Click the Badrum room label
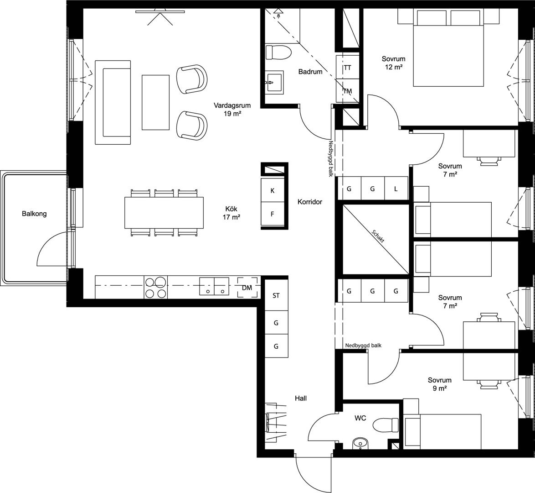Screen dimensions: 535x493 (x=310, y=72)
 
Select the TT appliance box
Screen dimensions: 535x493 (x=347, y=68)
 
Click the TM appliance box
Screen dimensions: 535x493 (x=347, y=91)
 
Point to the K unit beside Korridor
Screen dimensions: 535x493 (x=272, y=190)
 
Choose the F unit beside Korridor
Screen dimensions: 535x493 (x=272, y=214)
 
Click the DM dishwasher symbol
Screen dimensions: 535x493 (x=247, y=288)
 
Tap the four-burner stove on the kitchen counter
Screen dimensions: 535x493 (x=156, y=287)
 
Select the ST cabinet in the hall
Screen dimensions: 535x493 (x=276, y=295)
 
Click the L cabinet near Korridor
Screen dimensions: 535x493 (x=396, y=189)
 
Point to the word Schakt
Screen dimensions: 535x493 (x=378, y=236)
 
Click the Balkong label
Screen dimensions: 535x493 (x=34, y=214)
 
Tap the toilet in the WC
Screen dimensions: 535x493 (x=386, y=425)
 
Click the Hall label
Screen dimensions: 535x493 (x=301, y=399)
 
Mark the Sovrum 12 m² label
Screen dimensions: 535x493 (x=393, y=63)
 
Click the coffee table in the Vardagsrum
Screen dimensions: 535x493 (x=155, y=102)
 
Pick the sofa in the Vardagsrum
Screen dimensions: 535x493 (x=113, y=103)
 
